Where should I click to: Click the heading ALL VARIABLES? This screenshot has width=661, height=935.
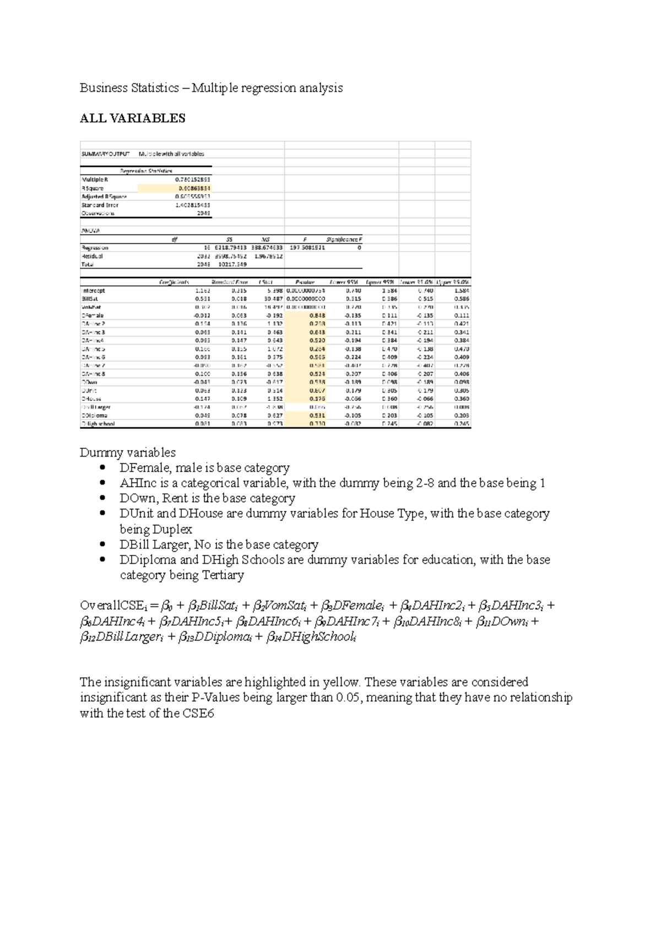(x=132, y=118)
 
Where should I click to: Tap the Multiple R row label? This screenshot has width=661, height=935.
(x=95, y=180)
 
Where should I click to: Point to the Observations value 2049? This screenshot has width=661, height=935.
(x=204, y=213)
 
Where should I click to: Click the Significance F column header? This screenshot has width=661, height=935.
(x=344, y=240)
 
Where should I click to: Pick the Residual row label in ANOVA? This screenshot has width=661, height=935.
(x=92, y=256)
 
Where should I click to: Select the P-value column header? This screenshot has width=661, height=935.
(x=305, y=282)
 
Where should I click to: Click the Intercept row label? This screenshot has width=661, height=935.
(x=93, y=291)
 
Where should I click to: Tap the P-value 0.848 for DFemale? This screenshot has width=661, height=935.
(x=317, y=316)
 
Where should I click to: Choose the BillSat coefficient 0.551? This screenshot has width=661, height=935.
(x=202, y=299)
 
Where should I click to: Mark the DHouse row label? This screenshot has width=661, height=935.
(x=91, y=399)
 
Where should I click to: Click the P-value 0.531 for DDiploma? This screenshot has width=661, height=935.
(x=317, y=416)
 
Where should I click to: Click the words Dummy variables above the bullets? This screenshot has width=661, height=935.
(x=127, y=453)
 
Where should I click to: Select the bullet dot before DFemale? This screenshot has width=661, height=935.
(x=102, y=468)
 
